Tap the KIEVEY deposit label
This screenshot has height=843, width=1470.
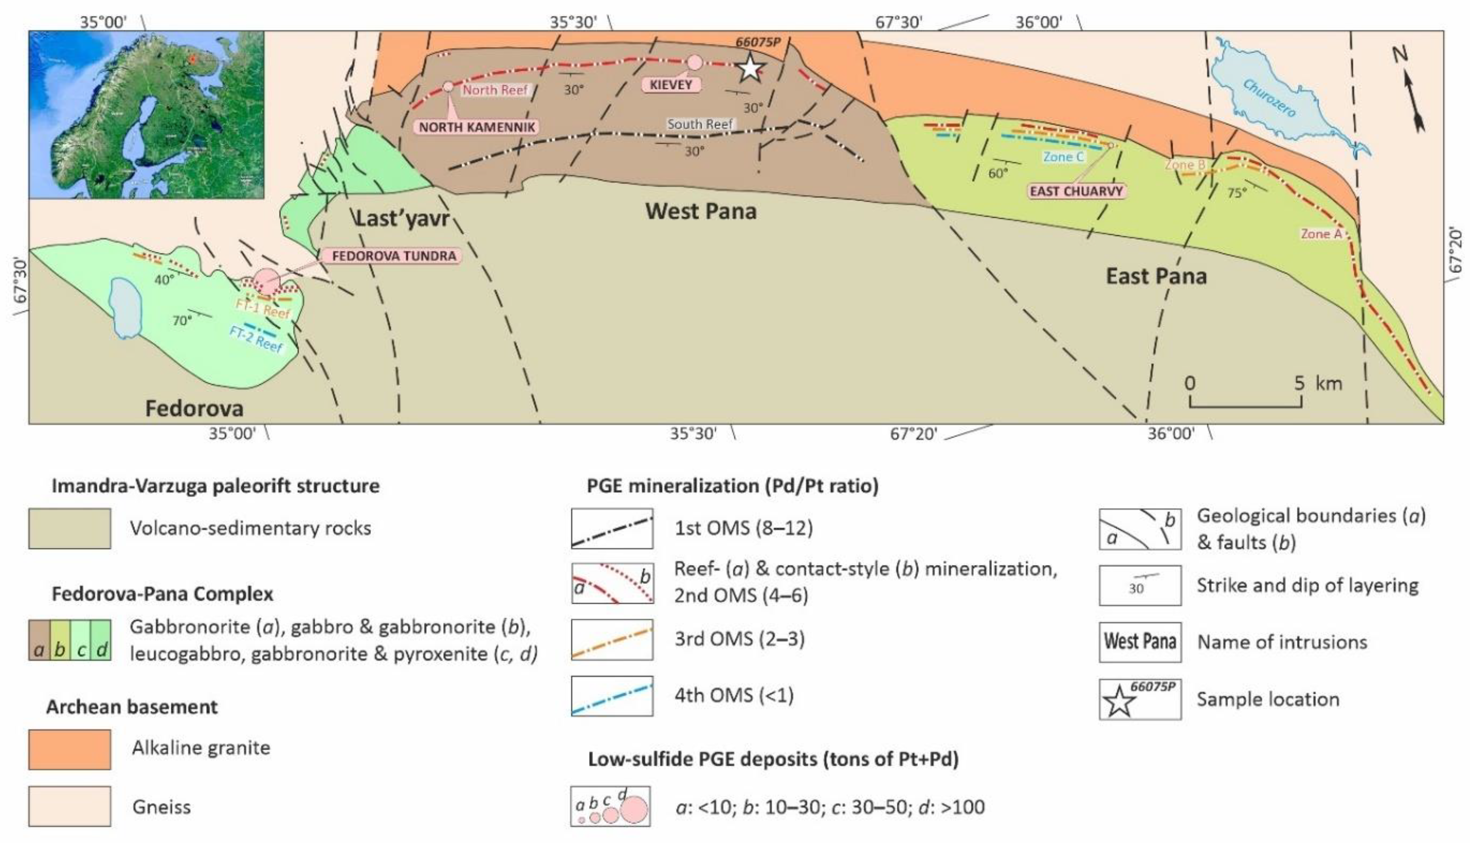click(671, 85)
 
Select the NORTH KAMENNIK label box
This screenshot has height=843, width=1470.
click(477, 127)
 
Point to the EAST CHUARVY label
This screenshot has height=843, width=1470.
click(1076, 191)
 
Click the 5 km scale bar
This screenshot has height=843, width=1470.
click(1245, 404)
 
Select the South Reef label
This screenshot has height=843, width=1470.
click(699, 124)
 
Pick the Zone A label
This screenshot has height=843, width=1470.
click(1321, 234)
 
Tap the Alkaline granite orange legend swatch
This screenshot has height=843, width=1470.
click(70, 749)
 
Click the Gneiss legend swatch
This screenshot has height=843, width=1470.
click(70, 806)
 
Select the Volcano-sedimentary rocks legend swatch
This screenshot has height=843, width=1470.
click(70, 528)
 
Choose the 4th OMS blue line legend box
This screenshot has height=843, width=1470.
click(612, 696)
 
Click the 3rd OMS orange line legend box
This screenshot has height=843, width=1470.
click(612, 640)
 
